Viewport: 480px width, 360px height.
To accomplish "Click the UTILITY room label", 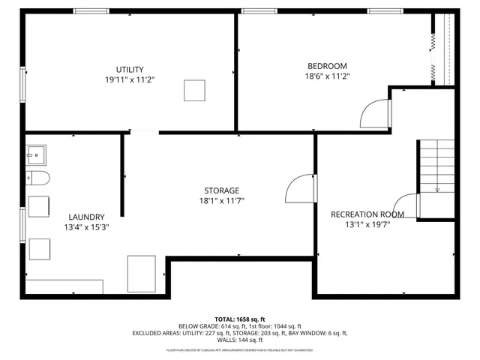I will tap(130, 69).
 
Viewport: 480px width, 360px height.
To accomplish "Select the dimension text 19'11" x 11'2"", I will tap(130, 79).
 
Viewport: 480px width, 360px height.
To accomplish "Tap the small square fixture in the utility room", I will tap(194, 90).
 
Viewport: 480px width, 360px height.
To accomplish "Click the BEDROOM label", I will tap(327, 65).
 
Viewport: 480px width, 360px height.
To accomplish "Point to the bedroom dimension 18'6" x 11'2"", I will tap(327, 76).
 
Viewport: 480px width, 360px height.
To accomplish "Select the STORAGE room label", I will tap(221, 190).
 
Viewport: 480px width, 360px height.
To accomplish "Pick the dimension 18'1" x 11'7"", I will tap(221, 200).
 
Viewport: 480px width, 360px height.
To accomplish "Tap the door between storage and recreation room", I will tap(301, 189).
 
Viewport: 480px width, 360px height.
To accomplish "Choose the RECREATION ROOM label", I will tap(367, 214).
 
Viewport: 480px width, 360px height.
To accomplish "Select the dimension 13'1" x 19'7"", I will tap(367, 224).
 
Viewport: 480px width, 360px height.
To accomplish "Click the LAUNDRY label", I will tap(86, 217).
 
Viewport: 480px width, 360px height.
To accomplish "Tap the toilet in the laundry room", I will tap(37, 178).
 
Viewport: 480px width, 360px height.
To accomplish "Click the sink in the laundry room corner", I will tap(35, 155).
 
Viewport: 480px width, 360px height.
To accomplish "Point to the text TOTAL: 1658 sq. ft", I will tap(240, 319).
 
